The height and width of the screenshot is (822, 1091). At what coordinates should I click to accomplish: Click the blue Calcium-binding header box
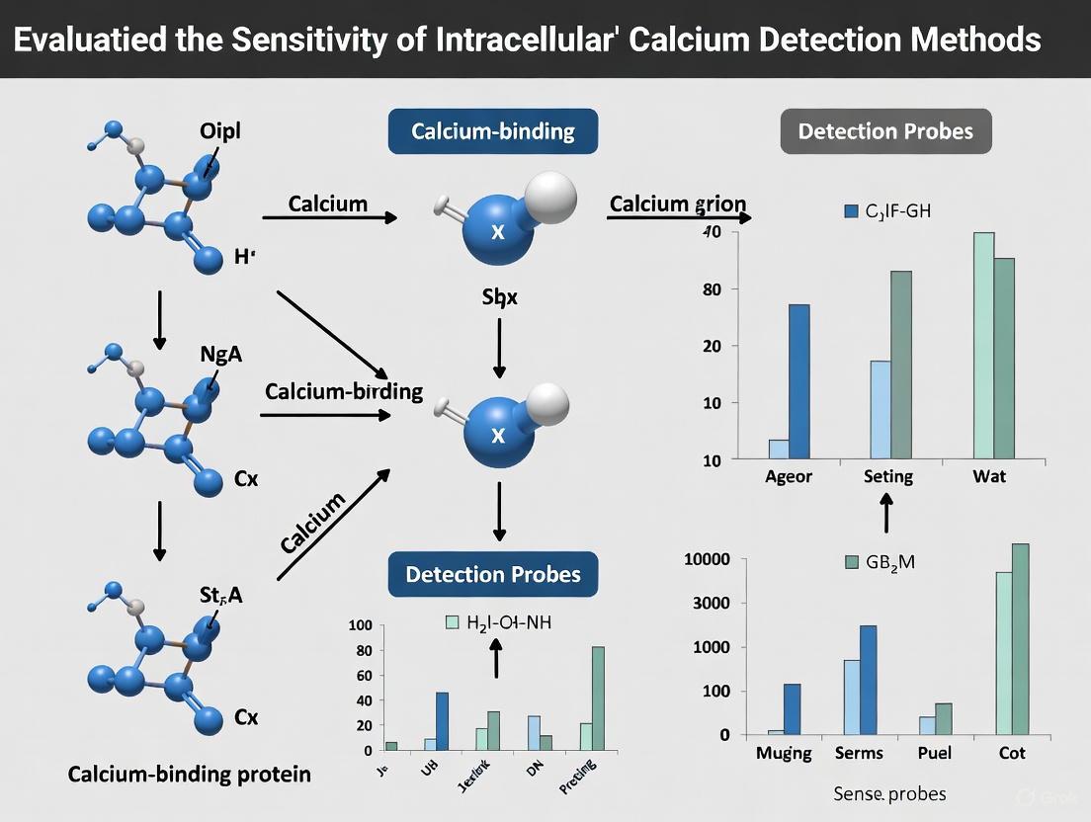[493, 130]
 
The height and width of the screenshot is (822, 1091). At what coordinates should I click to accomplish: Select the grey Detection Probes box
[885, 131]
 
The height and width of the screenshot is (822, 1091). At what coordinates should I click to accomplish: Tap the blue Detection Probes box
[492, 574]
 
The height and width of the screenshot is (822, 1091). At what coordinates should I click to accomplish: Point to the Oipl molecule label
[219, 131]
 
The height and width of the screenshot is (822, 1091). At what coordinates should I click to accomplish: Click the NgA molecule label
[220, 355]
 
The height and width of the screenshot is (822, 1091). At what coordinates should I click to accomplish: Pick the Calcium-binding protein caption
[189, 774]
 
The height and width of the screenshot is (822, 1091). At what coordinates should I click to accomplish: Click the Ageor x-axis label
[790, 476]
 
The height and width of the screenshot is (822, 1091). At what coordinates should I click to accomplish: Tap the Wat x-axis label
[988, 476]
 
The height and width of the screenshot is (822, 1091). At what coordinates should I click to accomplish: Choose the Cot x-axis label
[1012, 753]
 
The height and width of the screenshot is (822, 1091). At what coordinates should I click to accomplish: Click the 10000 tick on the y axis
[707, 559]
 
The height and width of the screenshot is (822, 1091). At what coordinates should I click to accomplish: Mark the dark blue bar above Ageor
[799, 381]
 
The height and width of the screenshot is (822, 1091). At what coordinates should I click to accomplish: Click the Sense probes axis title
[889, 793]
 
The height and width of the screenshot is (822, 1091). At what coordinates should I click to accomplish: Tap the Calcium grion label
[678, 205]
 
